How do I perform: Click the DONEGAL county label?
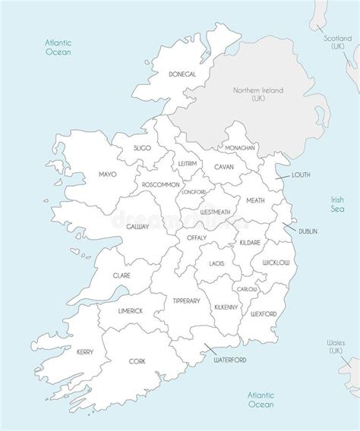tap(182, 74)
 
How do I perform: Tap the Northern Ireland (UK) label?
tap(257, 95)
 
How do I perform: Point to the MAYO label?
tap(107, 175)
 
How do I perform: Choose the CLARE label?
tap(122, 275)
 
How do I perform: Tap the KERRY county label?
tap(85, 351)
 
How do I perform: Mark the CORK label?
tap(137, 362)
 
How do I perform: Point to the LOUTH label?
tap(302, 175)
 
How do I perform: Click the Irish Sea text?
tap(337, 204)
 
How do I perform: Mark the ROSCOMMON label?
tap(159, 184)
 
